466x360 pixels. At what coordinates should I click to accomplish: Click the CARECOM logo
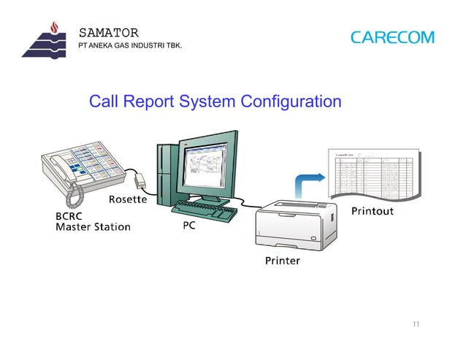391,37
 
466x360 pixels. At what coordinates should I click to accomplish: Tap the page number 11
416,324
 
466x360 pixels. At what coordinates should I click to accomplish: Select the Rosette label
129,199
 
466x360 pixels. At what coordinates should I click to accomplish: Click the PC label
188,226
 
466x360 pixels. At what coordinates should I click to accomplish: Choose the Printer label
281,261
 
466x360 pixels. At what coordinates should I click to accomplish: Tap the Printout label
373,212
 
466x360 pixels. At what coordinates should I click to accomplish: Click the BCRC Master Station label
93,221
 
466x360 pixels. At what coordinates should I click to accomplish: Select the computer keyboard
205,211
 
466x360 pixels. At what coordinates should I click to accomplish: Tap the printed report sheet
373,176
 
